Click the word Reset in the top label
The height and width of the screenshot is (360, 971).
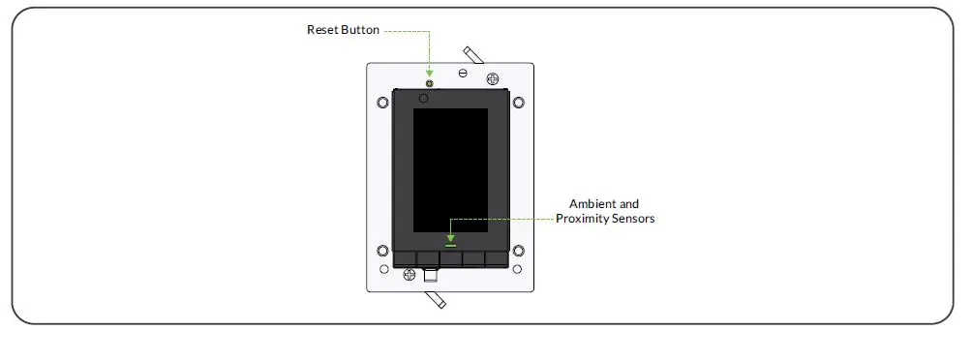pos(321,30)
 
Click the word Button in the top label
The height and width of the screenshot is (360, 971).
pos(357,30)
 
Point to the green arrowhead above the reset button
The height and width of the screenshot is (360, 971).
pos(429,73)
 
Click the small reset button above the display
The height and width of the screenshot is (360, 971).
pos(429,83)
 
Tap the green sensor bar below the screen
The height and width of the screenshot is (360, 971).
pos(450,245)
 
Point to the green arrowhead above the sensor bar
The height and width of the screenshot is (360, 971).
pos(450,236)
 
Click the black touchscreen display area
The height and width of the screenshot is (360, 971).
pos(450,169)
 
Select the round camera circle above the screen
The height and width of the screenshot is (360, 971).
pos(424,98)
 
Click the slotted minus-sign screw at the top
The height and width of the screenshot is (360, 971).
pos(463,74)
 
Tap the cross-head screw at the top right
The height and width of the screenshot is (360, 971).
pos(492,78)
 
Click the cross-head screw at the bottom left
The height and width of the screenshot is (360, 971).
pos(409,275)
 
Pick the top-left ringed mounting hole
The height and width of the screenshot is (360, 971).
pos(382,102)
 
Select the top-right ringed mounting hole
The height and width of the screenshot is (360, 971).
pos(518,102)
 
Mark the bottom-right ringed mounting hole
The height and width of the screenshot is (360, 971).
pos(518,252)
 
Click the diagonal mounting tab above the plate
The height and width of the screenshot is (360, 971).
pos(472,54)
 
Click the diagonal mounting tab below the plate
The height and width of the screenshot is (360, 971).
pos(435,299)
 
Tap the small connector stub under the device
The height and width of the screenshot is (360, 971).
pos(431,277)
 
